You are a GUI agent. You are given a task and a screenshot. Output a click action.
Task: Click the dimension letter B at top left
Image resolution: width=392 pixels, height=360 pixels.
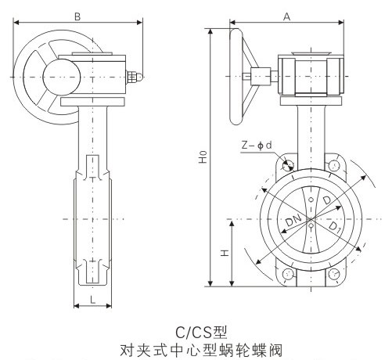[x=76, y=16]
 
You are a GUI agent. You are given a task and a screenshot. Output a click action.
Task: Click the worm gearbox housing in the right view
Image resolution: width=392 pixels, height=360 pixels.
[x=310, y=75]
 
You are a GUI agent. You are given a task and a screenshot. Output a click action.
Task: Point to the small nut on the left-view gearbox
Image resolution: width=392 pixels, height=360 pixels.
[x=135, y=75]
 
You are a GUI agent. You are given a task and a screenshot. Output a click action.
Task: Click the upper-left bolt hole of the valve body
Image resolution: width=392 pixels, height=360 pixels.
[x=287, y=164]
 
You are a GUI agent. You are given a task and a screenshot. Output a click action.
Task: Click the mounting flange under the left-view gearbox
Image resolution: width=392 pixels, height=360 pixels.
[x=93, y=103]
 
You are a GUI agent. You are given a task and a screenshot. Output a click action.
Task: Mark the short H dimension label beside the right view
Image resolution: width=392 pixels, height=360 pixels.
[x=224, y=254]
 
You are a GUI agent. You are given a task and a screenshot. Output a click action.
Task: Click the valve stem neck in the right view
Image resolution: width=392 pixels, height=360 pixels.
[x=311, y=129]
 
